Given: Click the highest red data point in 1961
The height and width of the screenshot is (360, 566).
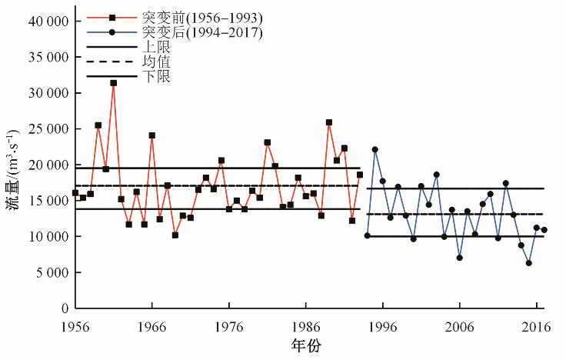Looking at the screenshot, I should (x=113, y=82).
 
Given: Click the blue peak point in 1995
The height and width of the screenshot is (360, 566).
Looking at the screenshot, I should (x=375, y=149).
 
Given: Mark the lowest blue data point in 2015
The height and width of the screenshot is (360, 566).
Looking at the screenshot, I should (x=528, y=263).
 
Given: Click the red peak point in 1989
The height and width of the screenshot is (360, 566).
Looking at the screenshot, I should (x=328, y=122).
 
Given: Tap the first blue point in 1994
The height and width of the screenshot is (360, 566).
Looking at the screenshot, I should (x=367, y=235).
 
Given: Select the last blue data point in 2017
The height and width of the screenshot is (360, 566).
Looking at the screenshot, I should (x=544, y=230).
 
